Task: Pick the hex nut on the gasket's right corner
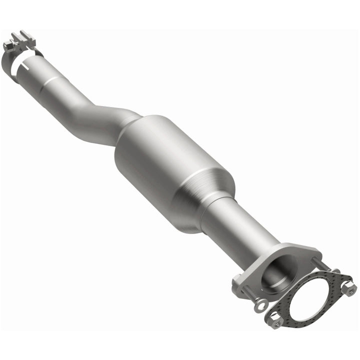[x=348, y=287]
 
